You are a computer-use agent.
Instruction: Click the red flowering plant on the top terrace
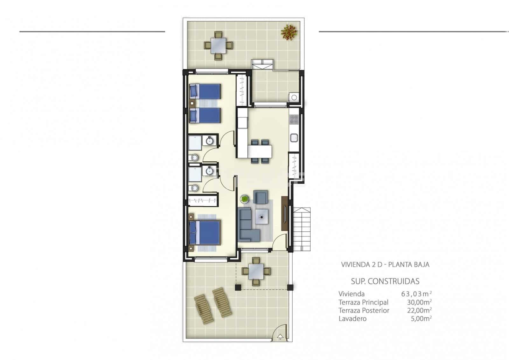pyautogui.click(x=289, y=32)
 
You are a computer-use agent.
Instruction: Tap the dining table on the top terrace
pyautogui.click(x=218, y=45)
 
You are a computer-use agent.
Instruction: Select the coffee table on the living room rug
pyautogui.click(x=261, y=217)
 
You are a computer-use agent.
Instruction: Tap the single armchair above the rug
pyautogui.click(x=261, y=197)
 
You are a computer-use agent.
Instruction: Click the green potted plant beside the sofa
pyautogui.click(x=244, y=199)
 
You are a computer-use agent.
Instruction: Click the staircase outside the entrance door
pyautogui.click(x=301, y=229)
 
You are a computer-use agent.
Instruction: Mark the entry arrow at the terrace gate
pyautogui.click(x=280, y=336)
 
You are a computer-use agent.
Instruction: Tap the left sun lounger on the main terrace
pyautogui.click(x=202, y=308)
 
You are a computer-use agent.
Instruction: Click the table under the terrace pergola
pyautogui.click(x=256, y=271)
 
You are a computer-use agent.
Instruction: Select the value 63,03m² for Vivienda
pyautogui.click(x=416, y=293)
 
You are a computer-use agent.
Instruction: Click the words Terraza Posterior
pyautogui.click(x=364, y=310)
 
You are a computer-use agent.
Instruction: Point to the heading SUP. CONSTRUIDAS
pyautogui.click(x=385, y=281)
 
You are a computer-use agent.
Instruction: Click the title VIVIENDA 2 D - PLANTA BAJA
pyautogui.click(x=385, y=265)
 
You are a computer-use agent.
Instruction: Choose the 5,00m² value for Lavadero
pyautogui.click(x=420, y=319)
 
